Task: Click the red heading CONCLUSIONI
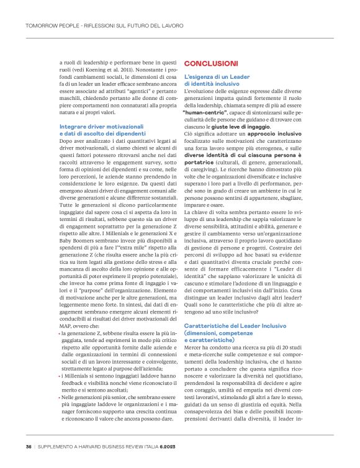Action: (211, 63)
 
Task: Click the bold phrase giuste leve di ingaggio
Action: (256, 126)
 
